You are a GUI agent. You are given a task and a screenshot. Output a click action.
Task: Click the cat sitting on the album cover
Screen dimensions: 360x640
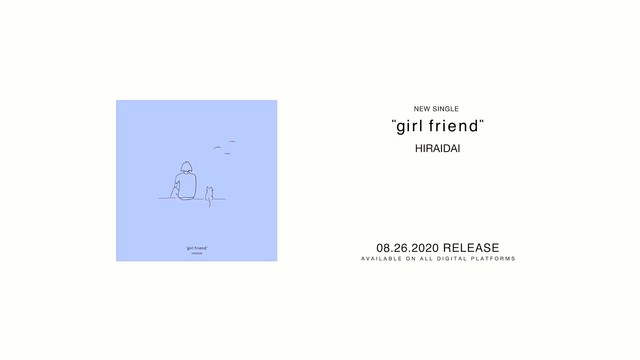pyautogui.click(x=210, y=193)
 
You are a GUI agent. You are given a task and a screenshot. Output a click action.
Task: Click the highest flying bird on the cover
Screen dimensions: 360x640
pyautogui.click(x=230, y=142)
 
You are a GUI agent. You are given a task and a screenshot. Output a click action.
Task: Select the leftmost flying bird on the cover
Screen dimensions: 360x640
pyautogui.click(x=216, y=150)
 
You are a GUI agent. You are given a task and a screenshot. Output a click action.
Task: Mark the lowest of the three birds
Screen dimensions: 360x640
pyautogui.click(x=231, y=154)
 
